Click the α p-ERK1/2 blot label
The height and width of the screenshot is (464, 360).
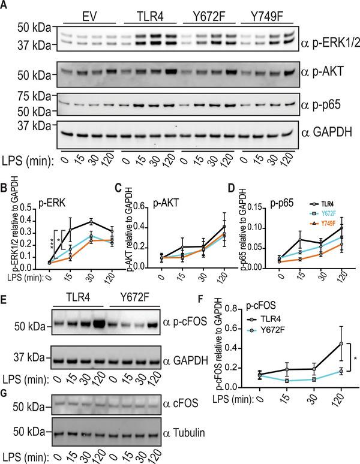point(330,42)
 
